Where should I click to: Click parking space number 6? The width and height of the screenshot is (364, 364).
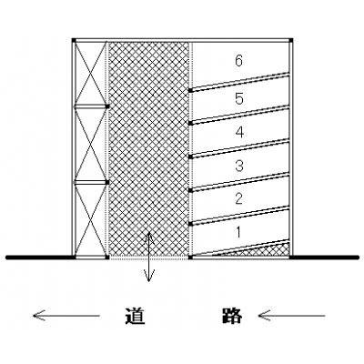[239, 61]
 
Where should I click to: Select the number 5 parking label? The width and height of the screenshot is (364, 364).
[239, 98]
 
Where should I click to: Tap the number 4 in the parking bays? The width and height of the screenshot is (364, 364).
[239, 132]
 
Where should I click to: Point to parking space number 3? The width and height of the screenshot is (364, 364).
[239, 166]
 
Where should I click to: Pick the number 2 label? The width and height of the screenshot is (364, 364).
[239, 199]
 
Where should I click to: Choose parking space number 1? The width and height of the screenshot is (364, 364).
[238, 233]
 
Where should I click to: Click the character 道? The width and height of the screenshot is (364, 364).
[135, 316]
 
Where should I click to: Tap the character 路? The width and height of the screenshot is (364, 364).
[232, 316]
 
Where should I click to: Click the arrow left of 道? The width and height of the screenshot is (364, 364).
[66, 316]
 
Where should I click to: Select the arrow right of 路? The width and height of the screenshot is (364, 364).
[291, 316]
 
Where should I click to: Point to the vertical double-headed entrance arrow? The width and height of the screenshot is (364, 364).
[148, 258]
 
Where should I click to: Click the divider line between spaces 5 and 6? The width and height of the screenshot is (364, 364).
[239, 82]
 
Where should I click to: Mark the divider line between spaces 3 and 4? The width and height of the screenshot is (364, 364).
[239, 148]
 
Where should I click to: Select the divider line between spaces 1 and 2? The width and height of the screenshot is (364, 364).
[239, 216]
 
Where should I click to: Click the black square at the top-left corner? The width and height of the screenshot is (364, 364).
[74, 40]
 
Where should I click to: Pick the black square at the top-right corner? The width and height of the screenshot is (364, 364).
[291, 40]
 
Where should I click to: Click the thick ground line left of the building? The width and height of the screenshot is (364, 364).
[40, 258]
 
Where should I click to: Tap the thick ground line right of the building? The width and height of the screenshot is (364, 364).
[324, 258]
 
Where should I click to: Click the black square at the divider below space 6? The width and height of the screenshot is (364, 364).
[190, 90]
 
